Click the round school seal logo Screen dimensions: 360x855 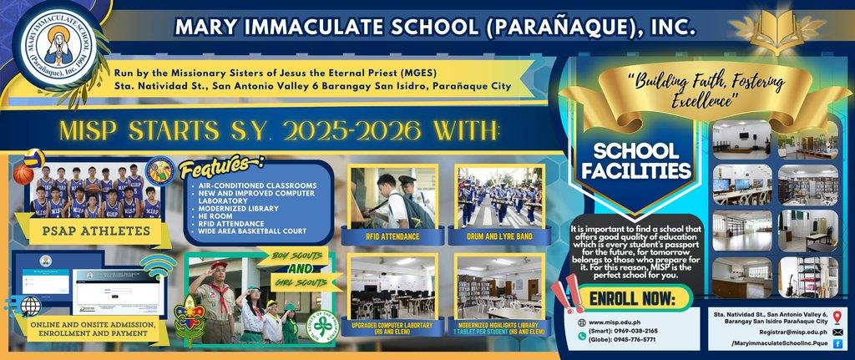(52, 42)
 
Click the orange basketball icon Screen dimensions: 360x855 (23, 174)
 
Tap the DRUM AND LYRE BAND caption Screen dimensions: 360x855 (499, 237)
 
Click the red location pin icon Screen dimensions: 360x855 (837, 315)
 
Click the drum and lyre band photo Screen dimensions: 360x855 (498, 195)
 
